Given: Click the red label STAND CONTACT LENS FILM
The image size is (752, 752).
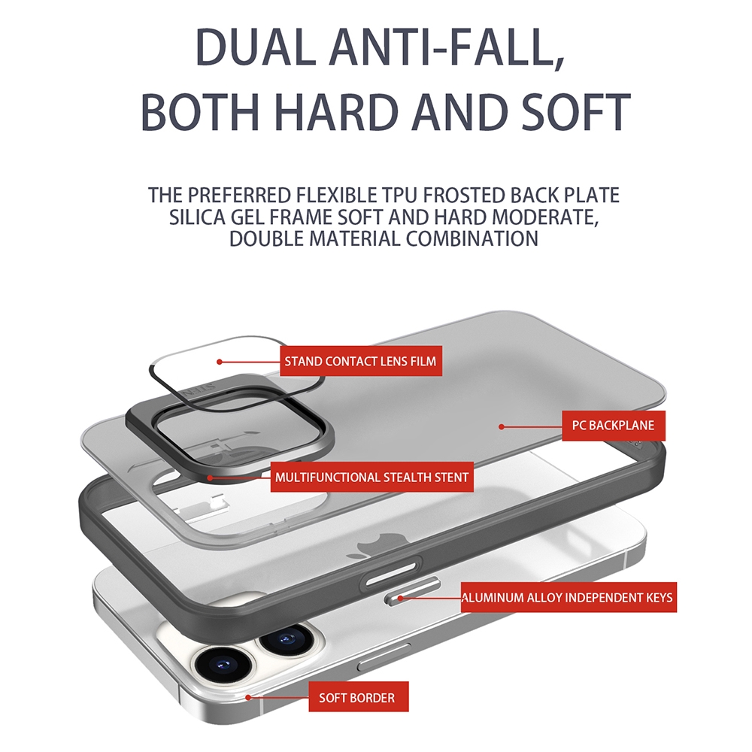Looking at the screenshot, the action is point(361,361).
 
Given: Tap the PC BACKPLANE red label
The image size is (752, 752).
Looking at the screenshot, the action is point(614,426).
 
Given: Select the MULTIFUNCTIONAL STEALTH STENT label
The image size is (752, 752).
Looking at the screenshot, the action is point(371,478).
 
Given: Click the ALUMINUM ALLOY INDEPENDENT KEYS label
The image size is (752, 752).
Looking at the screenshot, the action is point(569,597).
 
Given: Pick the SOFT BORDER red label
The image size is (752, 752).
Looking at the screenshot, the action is point(358,697).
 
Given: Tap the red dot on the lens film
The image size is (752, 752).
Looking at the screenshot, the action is point(219,362).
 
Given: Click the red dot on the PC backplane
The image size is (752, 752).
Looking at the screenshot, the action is point(501,426).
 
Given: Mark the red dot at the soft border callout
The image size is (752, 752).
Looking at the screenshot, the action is point(248,697).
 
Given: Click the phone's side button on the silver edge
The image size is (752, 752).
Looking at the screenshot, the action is point(384,656).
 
